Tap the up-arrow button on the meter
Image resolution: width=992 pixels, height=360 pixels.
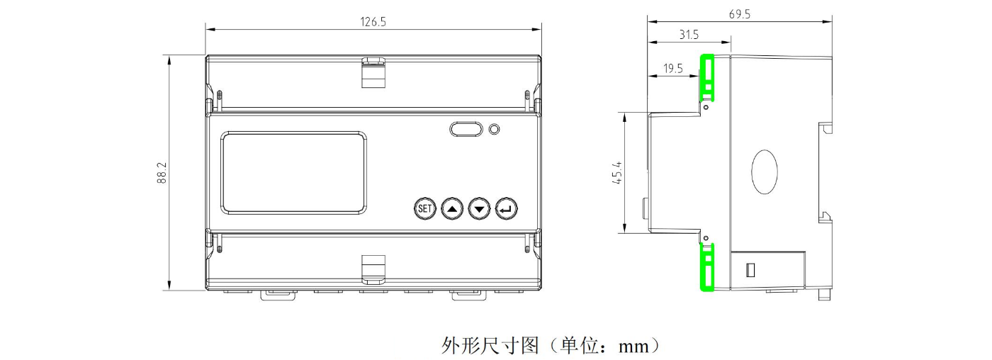pyautogui.click(x=452, y=208)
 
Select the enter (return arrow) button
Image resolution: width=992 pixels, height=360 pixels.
pyautogui.click(x=507, y=208)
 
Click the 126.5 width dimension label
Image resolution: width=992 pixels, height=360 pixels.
pyautogui.click(x=373, y=22)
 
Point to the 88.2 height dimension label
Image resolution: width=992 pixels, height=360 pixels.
pyautogui.click(x=162, y=174)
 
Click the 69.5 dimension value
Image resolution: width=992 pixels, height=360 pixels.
pyautogui.click(x=739, y=14)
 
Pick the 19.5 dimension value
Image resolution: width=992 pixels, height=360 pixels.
pyautogui.click(x=674, y=69)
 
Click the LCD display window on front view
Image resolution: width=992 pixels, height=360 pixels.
pyautogui.click(x=294, y=172)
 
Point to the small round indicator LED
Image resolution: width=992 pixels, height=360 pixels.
pyautogui.click(x=495, y=130)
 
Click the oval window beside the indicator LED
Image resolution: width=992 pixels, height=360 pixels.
pyautogui.click(x=466, y=129)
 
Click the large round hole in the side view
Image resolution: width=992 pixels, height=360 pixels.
pyautogui.click(x=765, y=171)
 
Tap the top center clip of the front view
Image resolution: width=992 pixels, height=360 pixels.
pyautogui.click(x=373, y=72)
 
